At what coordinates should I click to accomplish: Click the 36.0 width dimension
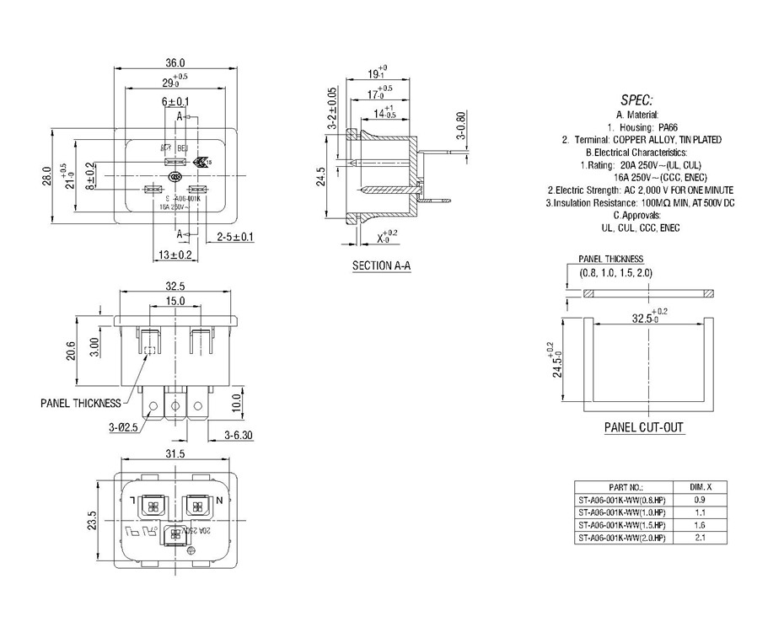tap(175, 63)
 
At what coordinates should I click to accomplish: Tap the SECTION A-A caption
tap(381, 265)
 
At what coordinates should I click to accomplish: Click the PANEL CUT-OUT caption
tap(643, 427)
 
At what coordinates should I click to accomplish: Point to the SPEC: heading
tap(636, 99)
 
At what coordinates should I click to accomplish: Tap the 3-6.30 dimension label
tap(239, 435)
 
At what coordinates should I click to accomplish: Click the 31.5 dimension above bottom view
tap(175, 454)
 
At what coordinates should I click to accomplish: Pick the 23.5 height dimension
tap(92, 521)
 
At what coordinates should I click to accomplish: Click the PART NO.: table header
tap(626, 487)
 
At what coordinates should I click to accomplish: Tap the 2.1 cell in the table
tap(701, 538)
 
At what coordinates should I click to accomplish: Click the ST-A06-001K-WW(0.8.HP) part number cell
tap(621, 500)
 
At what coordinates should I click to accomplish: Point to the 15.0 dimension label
tap(175, 301)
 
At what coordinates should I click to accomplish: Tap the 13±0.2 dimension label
tap(175, 254)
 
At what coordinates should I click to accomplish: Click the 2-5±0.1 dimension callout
tap(235, 237)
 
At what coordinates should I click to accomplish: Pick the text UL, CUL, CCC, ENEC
tap(640, 228)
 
